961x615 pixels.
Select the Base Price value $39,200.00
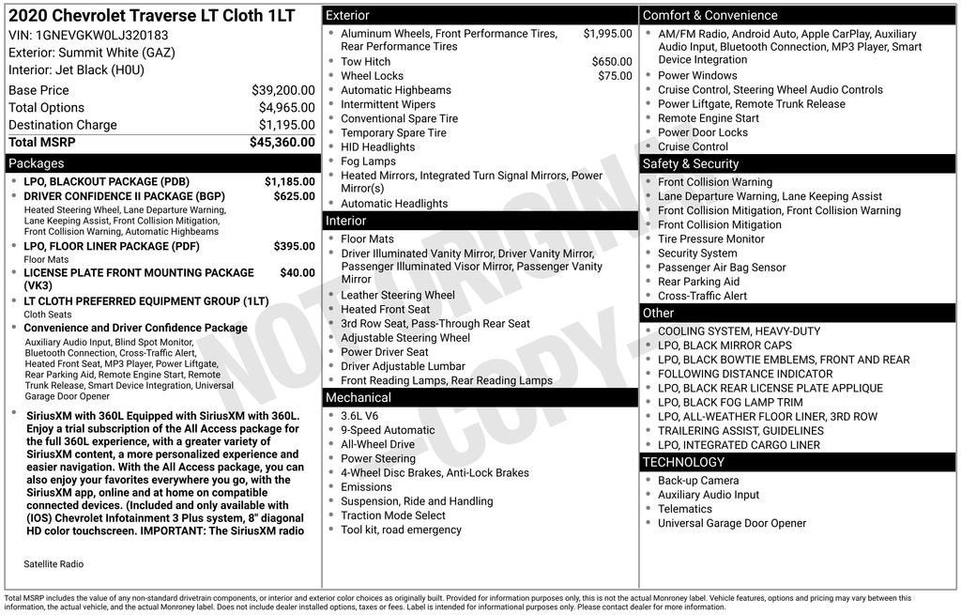point(282,90)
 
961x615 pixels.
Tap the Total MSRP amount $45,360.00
point(282,143)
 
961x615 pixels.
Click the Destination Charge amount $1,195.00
point(286,125)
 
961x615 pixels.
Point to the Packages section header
point(37,163)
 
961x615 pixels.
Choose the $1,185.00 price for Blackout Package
point(289,181)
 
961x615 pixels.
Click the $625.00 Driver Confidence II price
point(294,196)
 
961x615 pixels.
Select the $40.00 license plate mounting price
point(297,272)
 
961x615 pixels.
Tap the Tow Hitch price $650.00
point(612,62)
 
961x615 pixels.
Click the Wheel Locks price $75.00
point(615,76)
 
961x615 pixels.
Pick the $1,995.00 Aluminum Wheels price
point(607,34)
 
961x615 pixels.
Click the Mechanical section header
point(358,398)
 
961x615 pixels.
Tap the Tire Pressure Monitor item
point(710,238)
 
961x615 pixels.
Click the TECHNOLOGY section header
point(683,462)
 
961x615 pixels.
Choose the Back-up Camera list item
point(697,481)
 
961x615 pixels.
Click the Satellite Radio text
point(53,564)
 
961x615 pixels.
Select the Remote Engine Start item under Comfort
point(708,118)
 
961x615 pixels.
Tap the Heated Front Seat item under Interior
point(385,309)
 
